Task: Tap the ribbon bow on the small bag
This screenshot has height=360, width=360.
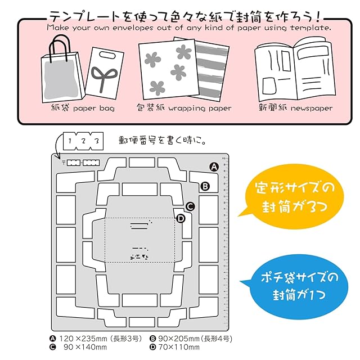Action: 102,78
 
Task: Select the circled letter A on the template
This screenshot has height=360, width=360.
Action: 214,166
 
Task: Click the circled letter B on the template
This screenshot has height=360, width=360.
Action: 205,186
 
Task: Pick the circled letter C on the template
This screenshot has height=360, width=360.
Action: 190,206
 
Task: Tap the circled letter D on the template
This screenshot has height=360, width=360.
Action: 181,218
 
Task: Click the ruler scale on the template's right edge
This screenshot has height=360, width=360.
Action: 225,242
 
